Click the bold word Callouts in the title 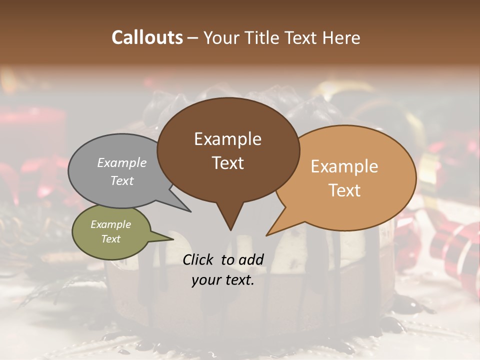(147, 37)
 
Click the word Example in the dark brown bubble (227, 139)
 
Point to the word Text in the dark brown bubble (227, 163)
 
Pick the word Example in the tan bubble (344, 166)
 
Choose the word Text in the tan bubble (344, 190)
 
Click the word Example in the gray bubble (122, 162)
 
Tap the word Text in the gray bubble (122, 180)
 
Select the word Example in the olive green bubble (110, 224)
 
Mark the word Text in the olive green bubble (110, 239)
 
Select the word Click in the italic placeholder (198, 259)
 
